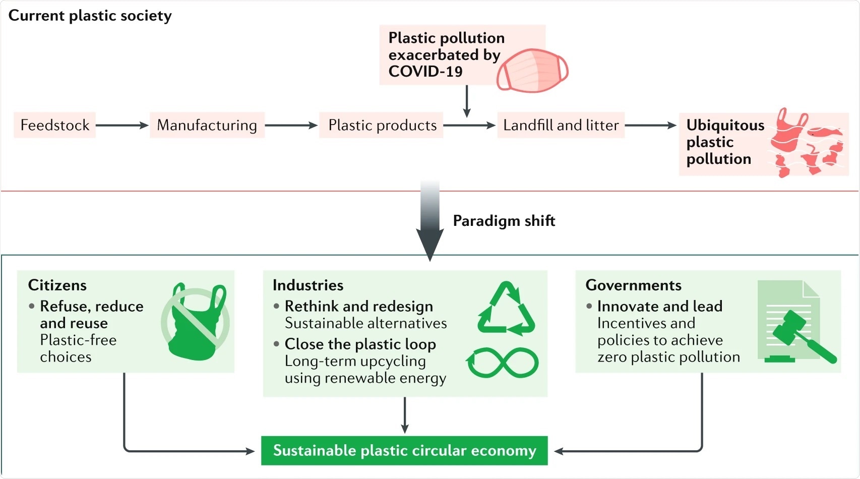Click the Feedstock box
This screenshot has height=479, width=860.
pos(54,125)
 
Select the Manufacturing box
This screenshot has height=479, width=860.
pos(207,125)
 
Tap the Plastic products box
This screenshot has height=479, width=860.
pos(382,125)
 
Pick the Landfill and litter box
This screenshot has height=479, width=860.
pos(561,125)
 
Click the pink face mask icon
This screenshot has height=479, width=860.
pos(532,71)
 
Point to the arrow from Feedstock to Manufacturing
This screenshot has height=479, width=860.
pos(122,125)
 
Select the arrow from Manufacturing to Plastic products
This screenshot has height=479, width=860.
pos(291,125)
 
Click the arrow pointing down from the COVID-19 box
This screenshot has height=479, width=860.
pos(467,101)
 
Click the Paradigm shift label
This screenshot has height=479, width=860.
pos(504,221)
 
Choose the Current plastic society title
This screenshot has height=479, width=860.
pos(90,16)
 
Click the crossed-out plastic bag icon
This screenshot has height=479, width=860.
pos(196,323)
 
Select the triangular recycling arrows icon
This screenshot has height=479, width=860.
pos(506,309)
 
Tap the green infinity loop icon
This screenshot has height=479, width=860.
pos(503,363)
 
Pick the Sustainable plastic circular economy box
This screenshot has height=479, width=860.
pos(404,451)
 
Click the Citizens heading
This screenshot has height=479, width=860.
pos(57,285)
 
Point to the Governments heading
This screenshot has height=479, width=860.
pos(633,285)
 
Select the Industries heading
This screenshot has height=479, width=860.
pos(308,285)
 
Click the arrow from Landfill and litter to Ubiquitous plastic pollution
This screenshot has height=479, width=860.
pos(650,125)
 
